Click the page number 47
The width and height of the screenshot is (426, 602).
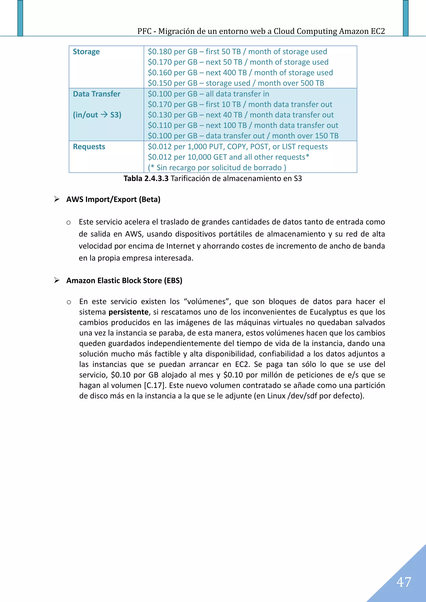point(404,582)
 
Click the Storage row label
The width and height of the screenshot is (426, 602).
point(86,52)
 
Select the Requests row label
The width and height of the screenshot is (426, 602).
point(89,146)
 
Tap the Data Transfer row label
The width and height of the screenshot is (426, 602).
point(97,94)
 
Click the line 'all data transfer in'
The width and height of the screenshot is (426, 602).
point(237,94)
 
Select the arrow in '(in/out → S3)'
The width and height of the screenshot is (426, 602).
point(104,114)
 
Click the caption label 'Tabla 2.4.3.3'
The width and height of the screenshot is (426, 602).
point(146,179)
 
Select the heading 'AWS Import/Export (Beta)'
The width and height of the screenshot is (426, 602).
point(113,199)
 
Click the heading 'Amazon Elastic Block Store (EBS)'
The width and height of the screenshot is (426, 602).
point(124,281)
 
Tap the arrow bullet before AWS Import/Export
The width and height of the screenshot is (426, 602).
point(57,199)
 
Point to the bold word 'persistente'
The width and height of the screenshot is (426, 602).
point(129,312)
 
